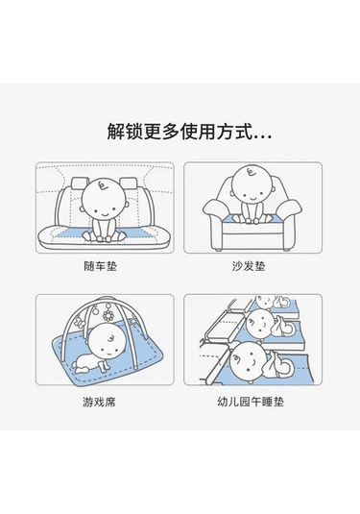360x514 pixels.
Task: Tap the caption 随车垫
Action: (x=100, y=266)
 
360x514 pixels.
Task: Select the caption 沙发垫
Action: (x=249, y=266)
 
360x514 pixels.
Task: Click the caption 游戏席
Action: (x=99, y=402)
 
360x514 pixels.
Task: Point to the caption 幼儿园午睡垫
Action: (x=251, y=402)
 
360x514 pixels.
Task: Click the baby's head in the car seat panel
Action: (x=104, y=199)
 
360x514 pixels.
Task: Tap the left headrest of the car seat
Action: (x=80, y=184)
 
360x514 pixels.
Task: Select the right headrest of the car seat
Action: (x=129, y=184)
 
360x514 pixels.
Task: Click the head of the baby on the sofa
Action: (x=252, y=185)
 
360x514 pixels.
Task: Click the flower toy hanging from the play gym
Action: (x=108, y=315)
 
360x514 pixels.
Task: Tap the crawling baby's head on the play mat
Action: (x=108, y=344)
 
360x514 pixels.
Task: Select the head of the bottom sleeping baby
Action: (x=248, y=362)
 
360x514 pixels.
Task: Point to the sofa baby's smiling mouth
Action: (x=252, y=199)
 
